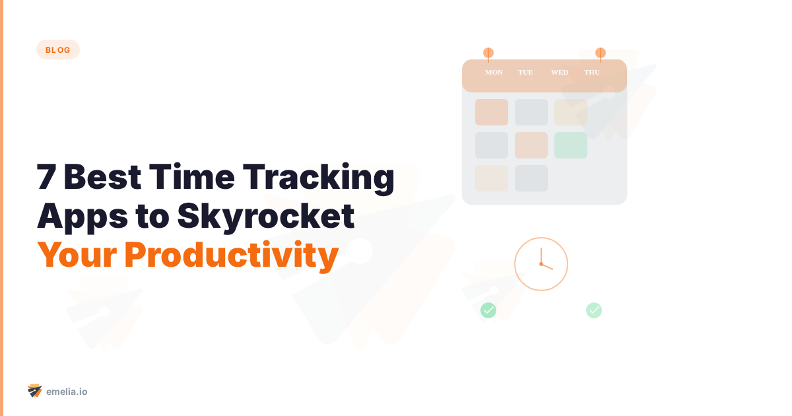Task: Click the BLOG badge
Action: (x=58, y=50)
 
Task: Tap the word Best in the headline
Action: (x=98, y=178)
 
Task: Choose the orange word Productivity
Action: (x=231, y=256)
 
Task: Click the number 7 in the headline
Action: (x=46, y=178)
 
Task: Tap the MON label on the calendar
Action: (x=494, y=73)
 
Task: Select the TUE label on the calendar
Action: (x=525, y=73)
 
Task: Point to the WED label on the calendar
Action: (x=559, y=73)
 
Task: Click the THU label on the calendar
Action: (x=592, y=73)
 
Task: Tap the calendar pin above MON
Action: (x=488, y=53)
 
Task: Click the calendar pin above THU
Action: (x=600, y=53)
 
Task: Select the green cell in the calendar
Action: (x=570, y=145)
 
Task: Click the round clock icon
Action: (x=541, y=264)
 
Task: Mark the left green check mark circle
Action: (x=488, y=310)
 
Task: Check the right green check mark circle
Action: (x=594, y=310)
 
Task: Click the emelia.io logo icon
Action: (x=34, y=391)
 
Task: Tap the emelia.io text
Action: (x=67, y=392)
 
